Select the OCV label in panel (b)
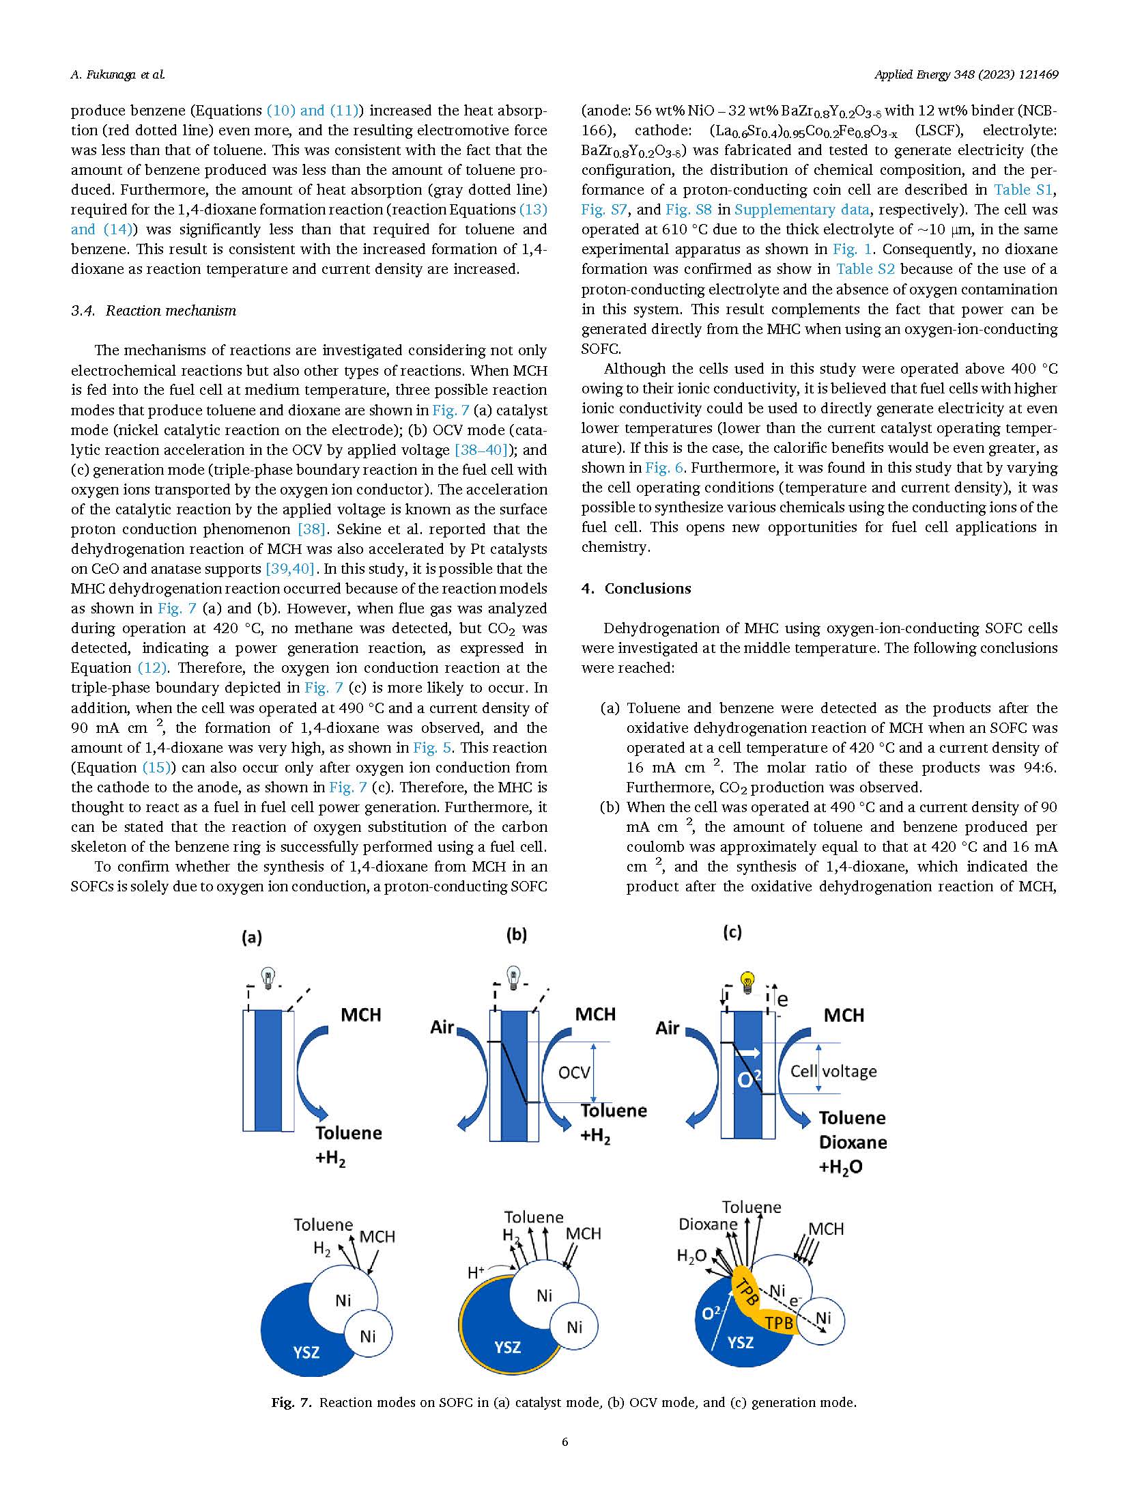pyautogui.click(x=574, y=1072)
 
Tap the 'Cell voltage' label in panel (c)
pyautogui.click(x=833, y=1071)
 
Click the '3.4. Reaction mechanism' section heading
pyautogui.click(x=154, y=311)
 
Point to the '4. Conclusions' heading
pyautogui.click(x=636, y=589)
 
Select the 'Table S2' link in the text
pyautogui.click(x=865, y=269)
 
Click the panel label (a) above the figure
pyautogui.click(x=252, y=938)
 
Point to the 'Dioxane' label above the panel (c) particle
pyautogui.click(x=708, y=1224)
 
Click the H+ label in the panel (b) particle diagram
pyautogui.click(x=476, y=1272)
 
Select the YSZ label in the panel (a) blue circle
pyautogui.click(x=306, y=1352)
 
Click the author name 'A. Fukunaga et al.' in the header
pyautogui.click(x=117, y=74)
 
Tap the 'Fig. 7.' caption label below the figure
pyautogui.click(x=292, y=1402)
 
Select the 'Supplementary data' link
pyautogui.click(x=801, y=210)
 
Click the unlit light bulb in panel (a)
pyautogui.click(x=270, y=976)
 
